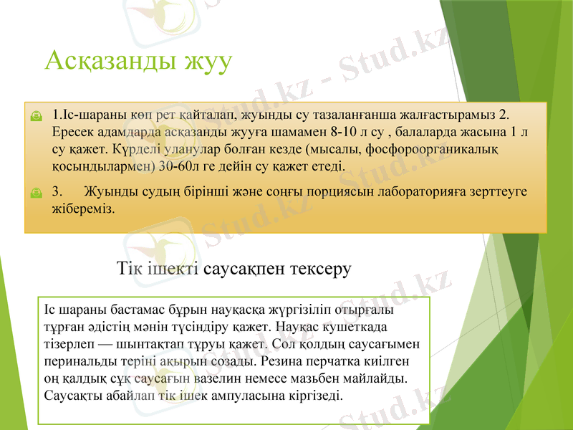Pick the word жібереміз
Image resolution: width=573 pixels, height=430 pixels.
(83, 209)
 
